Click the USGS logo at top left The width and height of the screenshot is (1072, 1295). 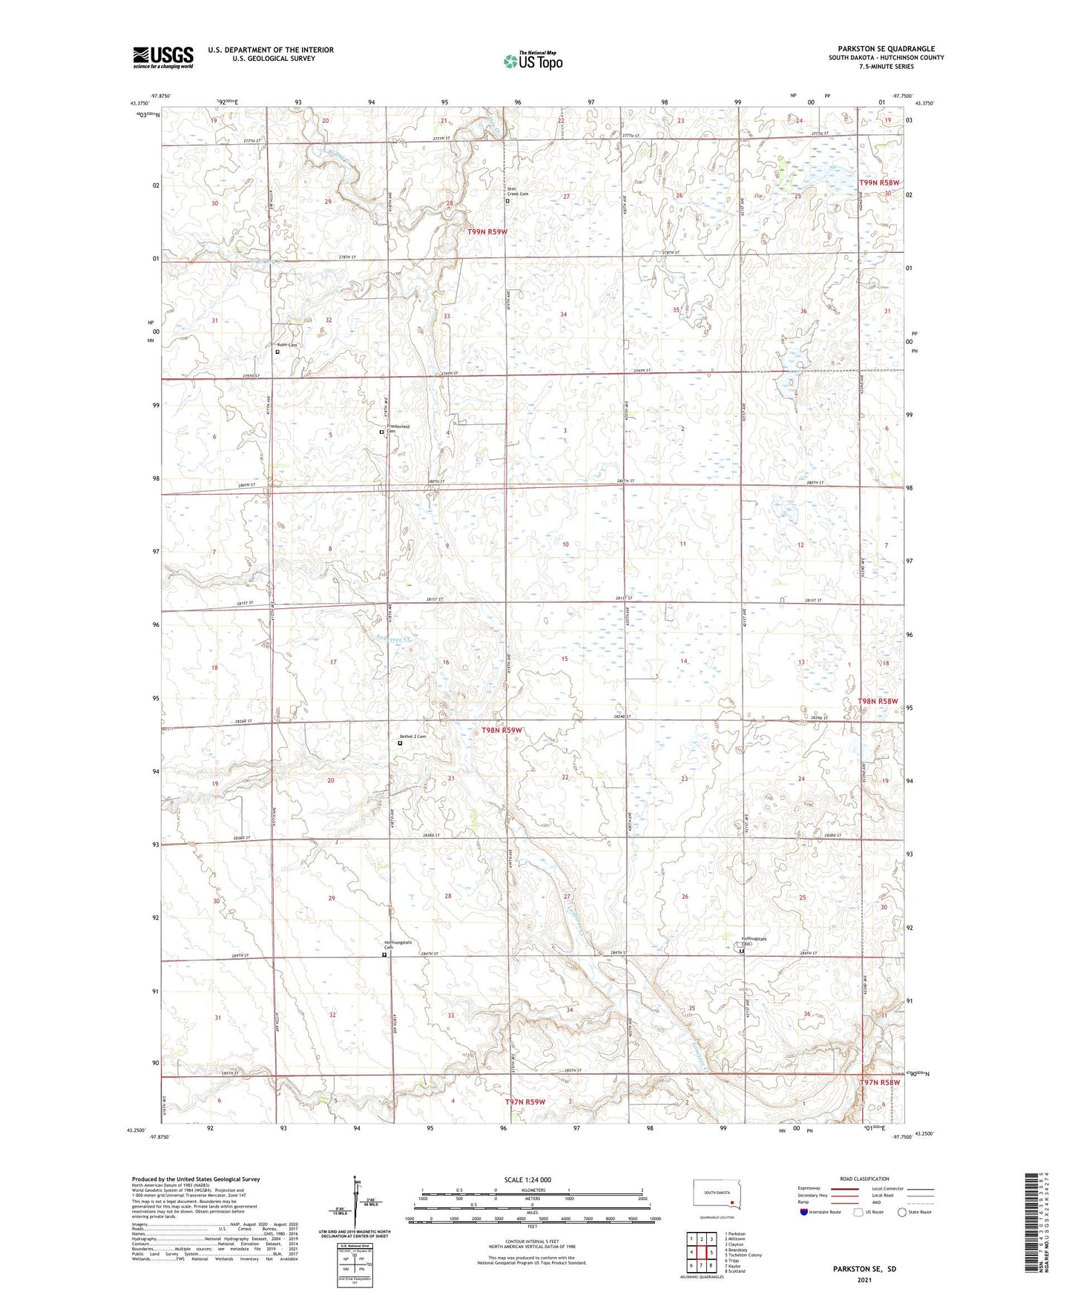(x=163, y=57)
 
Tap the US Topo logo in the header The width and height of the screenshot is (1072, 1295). (x=533, y=61)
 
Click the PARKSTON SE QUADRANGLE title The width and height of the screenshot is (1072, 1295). (x=886, y=48)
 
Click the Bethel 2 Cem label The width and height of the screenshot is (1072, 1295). (x=413, y=737)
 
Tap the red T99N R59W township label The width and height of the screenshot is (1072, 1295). (x=487, y=232)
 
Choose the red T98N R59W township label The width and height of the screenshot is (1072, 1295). (x=502, y=731)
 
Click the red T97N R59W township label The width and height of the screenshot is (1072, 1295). (x=525, y=1102)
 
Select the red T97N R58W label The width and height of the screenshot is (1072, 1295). (x=880, y=1082)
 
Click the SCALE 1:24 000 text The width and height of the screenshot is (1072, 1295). (x=527, y=1180)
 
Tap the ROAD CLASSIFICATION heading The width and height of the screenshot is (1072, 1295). (x=865, y=1179)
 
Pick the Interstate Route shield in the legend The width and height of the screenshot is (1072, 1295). (x=806, y=1212)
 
